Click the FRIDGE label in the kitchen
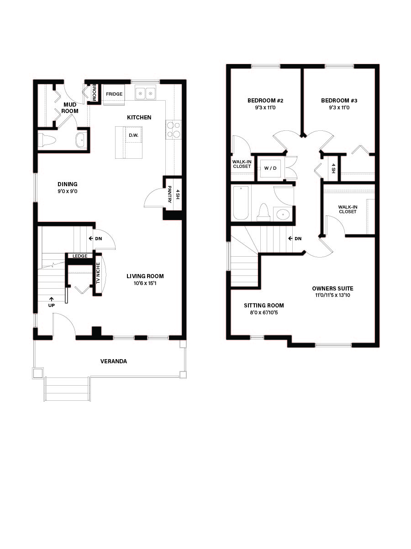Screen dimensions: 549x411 (114, 94)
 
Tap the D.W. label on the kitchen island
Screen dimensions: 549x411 (133, 135)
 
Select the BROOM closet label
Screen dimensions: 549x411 (94, 92)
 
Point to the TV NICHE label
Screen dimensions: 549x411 (97, 273)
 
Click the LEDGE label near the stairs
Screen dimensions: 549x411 (80, 256)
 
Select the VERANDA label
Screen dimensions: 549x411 (114, 361)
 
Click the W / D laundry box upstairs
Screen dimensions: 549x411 (270, 168)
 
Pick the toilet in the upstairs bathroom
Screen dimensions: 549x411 (263, 211)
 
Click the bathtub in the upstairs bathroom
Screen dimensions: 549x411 (241, 203)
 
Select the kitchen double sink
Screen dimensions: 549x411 (145, 94)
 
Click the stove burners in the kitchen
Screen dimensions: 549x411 (174, 129)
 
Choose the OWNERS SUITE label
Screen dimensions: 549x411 (332, 289)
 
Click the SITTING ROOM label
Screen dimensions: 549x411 (263, 306)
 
